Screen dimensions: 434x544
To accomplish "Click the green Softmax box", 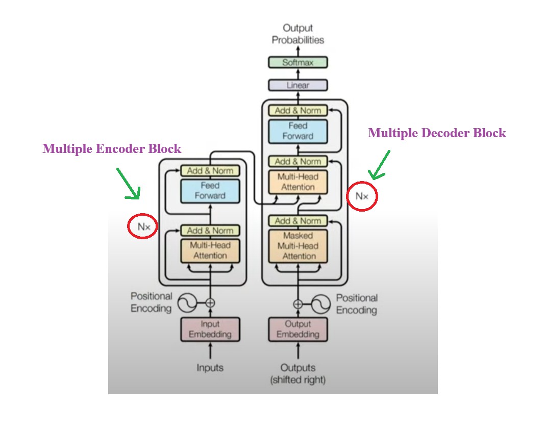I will (x=298, y=63).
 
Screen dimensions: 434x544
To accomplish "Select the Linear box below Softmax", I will (x=298, y=85).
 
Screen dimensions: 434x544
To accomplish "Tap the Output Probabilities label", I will (x=298, y=34).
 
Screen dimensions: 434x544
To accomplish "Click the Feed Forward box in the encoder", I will (x=210, y=191).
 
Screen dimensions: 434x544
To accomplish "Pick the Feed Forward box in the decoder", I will (x=298, y=131).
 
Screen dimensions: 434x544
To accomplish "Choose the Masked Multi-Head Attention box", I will (x=298, y=246).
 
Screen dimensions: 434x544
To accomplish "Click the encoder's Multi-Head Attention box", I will (x=210, y=250).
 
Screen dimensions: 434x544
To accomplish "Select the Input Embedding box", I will (x=210, y=329).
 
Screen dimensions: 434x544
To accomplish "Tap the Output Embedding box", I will (x=298, y=329).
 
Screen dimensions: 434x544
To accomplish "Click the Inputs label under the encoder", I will (x=210, y=367).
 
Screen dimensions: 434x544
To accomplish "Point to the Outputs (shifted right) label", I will (x=298, y=373).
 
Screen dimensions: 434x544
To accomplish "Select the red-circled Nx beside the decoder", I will (x=362, y=195).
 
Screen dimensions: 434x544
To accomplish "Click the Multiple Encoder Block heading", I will (x=112, y=149).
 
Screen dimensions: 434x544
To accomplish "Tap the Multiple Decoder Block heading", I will (x=437, y=133).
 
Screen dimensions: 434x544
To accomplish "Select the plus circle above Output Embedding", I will (x=298, y=304).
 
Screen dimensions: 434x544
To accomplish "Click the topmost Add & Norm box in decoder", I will (x=298, y=111).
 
